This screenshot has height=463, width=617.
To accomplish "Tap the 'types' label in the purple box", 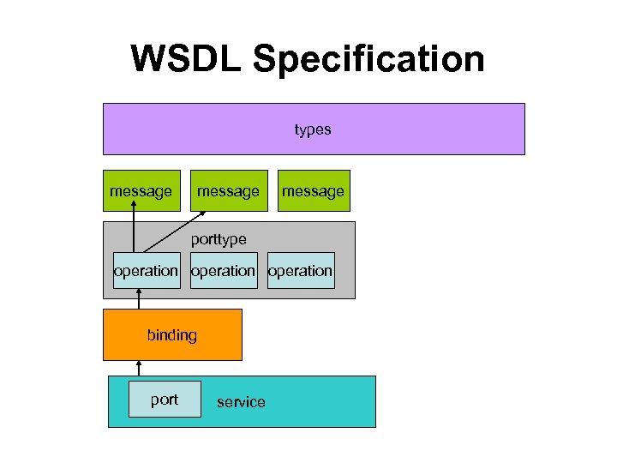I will (x=313, y=129).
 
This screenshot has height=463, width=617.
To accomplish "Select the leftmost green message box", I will (x=141, y=190).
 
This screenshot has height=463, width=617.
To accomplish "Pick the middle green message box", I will (x=228, y=190).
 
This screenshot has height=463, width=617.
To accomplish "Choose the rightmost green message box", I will (x=314, y=190).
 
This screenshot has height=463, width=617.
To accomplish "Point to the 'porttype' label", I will (x=219, y=239).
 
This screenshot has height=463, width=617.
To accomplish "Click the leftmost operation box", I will (x=146, y=271).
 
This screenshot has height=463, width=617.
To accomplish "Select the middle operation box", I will (x=223, y=271).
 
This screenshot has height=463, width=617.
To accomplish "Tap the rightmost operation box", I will (x=301, y=271).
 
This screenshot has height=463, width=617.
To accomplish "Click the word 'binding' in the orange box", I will (x=172, y=335).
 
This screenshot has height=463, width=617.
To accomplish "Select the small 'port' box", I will (x=165, y=400).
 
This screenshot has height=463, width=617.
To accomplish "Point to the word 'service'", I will (x=241, y=402).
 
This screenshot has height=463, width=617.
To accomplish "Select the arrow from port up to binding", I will (x=139, y=369).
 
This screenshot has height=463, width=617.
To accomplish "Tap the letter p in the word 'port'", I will (x=154, y=400).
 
